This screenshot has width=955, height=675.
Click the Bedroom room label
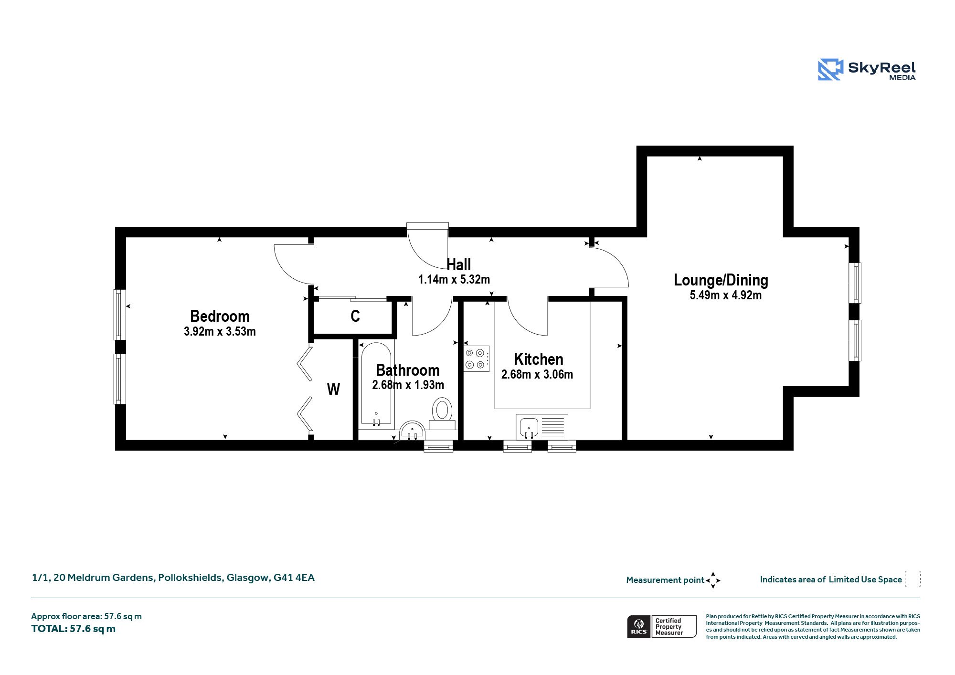[220, 316]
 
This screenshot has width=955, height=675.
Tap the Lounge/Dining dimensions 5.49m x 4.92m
[725, 295]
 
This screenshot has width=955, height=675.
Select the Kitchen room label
[539, 359]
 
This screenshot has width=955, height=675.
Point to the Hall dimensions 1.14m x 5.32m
[454, 279]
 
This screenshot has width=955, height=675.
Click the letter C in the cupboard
[355, 316]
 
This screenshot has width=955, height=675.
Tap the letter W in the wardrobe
[333, 390]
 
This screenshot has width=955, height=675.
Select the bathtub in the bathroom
[376, 383]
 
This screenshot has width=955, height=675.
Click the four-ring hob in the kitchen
[477, 359]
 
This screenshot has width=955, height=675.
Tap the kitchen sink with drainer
[542, 426]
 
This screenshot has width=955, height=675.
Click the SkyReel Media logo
[867, 70]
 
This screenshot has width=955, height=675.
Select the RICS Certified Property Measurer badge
[662, 626]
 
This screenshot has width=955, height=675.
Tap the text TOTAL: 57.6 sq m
[74, 629]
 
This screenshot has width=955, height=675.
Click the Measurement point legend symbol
[713, 580]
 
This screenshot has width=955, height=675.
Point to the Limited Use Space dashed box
[913, 579]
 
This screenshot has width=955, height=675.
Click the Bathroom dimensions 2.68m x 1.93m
[408, 385]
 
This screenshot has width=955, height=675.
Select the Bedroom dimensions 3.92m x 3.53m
[220, 331]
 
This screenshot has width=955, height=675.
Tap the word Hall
[459, 264]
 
